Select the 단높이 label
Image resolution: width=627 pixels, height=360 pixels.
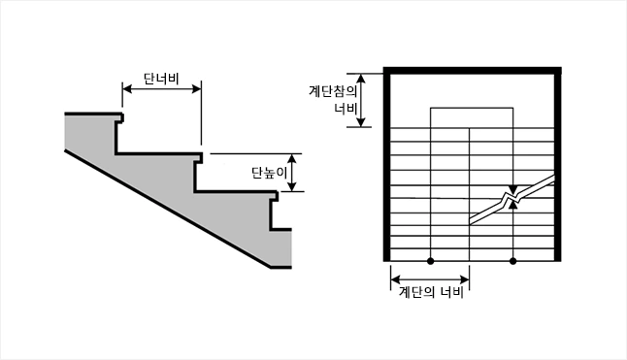[x=270, y=173]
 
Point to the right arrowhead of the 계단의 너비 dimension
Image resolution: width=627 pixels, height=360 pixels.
[x=467, y=281]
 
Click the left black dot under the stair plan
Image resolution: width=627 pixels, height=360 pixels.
[x=431, y=261]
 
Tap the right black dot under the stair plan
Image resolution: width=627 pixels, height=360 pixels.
[x=512, y=261]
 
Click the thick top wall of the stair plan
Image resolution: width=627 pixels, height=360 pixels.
[x=474, y=69]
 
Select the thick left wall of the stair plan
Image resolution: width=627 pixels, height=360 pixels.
[x=389, y=165]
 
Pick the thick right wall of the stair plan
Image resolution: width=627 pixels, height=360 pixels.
[x=558, y=165]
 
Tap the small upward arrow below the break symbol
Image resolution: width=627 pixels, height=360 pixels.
[x=513, y=206]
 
